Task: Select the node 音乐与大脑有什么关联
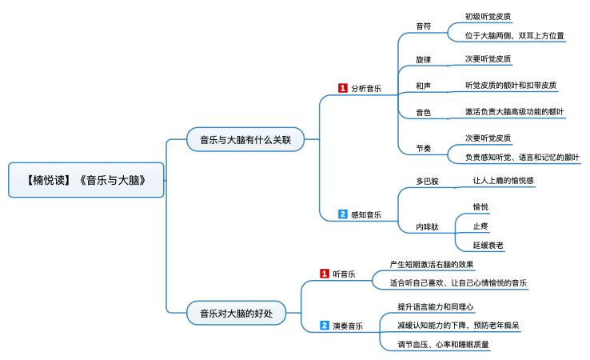245,140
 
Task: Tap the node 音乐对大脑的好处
236,313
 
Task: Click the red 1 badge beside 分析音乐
342,88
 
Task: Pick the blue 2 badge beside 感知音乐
342,214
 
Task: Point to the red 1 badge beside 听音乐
324,274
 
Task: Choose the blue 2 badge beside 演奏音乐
324,326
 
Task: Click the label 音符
423,26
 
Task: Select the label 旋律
423,60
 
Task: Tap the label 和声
423,86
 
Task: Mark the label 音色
423,113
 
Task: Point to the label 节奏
423,148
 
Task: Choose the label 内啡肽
427,227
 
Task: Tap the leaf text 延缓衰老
488,245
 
